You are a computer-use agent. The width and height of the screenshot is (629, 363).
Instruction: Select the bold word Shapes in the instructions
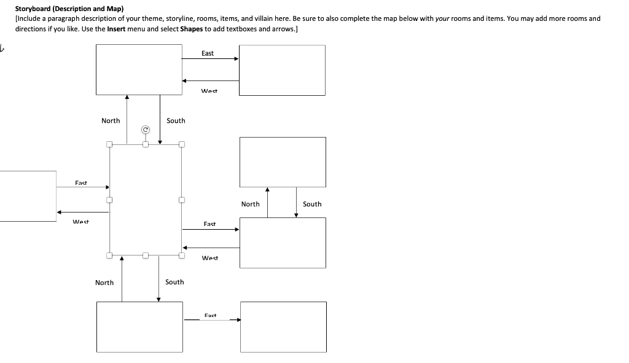[191, 29]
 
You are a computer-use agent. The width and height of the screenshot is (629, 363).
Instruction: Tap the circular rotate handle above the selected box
[146, 130]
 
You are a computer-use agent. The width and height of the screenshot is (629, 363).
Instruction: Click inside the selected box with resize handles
[145, 200]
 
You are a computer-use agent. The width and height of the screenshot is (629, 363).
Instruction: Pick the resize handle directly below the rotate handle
[146, 144]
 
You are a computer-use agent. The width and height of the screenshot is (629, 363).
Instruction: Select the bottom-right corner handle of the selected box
[181, 255]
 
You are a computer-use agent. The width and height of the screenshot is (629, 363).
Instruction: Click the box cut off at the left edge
[28, 196]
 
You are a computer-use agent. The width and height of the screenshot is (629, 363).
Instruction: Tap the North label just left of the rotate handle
[111, 121]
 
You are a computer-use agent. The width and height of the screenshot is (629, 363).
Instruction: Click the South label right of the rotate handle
[176, 121]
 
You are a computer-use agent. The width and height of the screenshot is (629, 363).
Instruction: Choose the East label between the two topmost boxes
[208, 53]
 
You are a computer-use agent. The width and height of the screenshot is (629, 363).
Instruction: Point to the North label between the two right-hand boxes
[250, 204]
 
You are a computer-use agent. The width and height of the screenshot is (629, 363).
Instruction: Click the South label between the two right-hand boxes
[312, 204]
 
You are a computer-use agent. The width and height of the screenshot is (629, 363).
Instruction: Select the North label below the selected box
[104, 283]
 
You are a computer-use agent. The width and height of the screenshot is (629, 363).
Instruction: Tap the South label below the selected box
[174, 282]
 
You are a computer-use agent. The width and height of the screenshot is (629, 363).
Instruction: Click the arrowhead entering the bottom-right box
[238, 319]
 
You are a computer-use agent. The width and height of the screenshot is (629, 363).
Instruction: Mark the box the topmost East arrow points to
[282, 70]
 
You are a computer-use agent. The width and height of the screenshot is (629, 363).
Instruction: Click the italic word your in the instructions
[443, 18]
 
